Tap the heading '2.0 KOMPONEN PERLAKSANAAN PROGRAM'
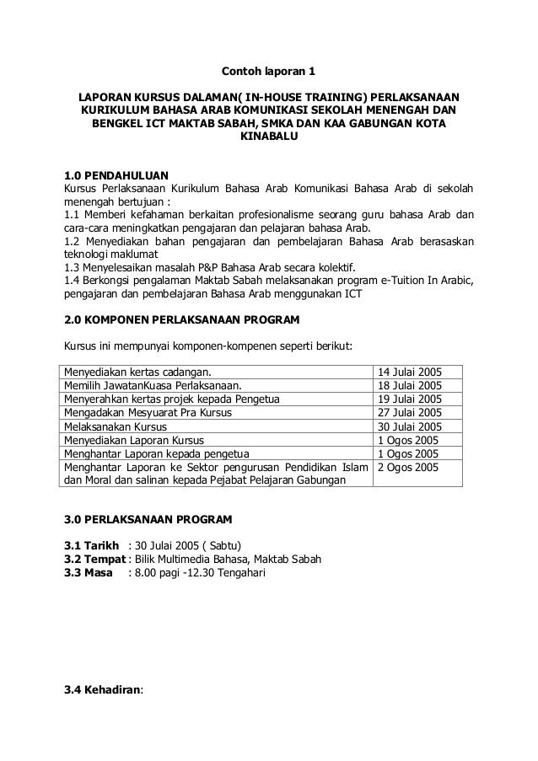(x=181, y=320)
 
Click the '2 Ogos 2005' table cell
(x=408, y=466)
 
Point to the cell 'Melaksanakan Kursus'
(x=118, y=426)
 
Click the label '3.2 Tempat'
(x=95, y=558)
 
